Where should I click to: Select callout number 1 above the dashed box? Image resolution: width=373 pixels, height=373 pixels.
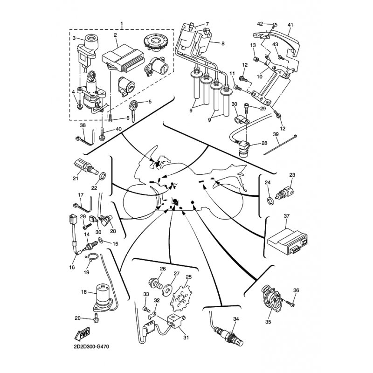[122, 23]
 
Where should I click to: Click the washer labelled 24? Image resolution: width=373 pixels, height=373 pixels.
[270, 200]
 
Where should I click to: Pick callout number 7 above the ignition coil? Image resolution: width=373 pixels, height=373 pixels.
[207, 23]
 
